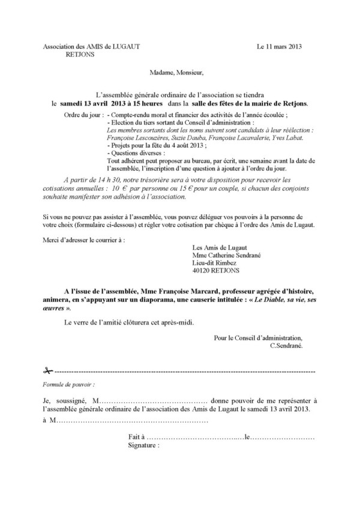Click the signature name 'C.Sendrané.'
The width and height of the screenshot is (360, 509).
tap(287, 346)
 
